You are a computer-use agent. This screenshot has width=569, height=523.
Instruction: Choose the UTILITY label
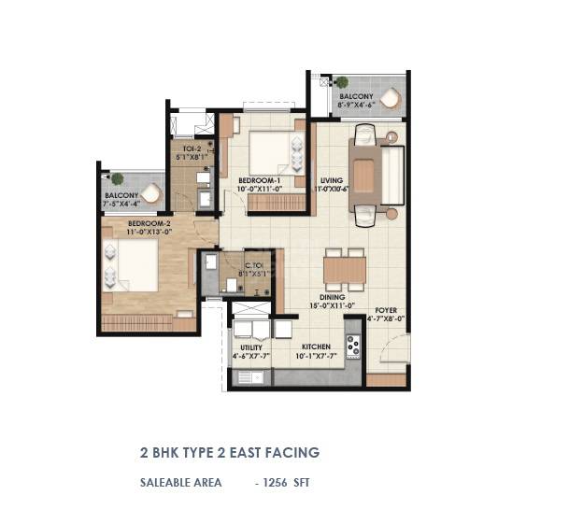point(251,346)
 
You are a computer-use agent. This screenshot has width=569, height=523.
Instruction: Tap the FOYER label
point(387,309)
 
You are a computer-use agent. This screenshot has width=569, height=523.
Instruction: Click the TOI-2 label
point(191,148)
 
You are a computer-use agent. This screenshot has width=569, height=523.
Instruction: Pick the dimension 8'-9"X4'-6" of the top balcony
point(356,106)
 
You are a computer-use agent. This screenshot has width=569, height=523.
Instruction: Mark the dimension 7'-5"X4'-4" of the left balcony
point(121,205)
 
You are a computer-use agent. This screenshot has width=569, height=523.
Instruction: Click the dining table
point(344,271)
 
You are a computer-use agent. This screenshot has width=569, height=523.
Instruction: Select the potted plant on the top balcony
point(342,82)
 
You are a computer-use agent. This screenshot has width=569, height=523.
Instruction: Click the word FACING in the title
point(291,453)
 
